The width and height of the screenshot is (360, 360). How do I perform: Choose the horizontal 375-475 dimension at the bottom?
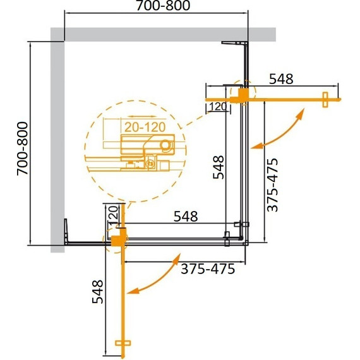pos(208,268)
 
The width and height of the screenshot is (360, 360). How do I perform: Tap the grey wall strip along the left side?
pos(57,145)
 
